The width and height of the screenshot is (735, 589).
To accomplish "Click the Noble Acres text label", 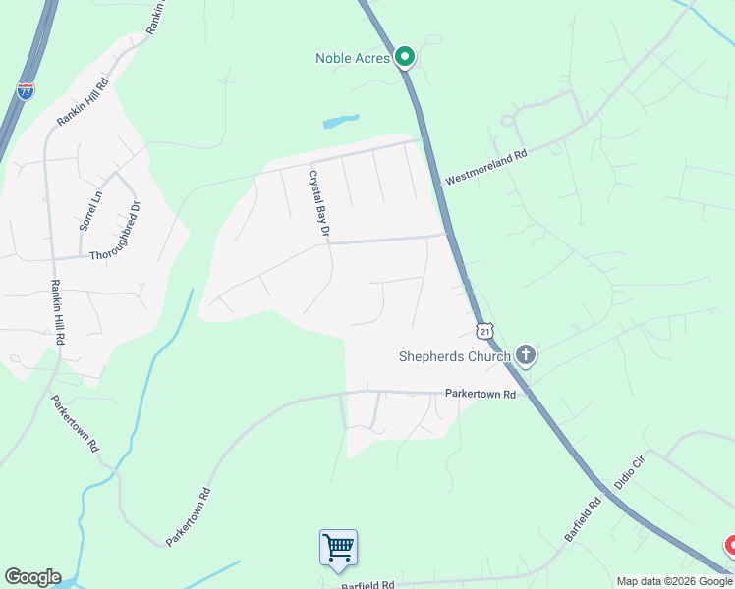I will (353, 58).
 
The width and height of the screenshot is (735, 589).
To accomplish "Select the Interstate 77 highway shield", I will (26, 90).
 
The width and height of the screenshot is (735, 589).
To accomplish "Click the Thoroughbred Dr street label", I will (129, 233).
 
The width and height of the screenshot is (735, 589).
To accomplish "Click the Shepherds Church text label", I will (454, 356).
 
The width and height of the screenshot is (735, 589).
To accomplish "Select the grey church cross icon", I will (526, 355).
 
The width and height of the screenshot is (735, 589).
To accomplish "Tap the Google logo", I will (32, 577).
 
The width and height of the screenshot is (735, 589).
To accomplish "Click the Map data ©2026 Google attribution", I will (674, 581).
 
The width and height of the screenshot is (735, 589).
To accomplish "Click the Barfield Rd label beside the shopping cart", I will (367, 584).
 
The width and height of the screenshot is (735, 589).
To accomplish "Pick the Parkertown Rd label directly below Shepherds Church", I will (481, 395).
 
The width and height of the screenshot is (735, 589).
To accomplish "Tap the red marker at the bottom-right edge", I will (730, 546).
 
